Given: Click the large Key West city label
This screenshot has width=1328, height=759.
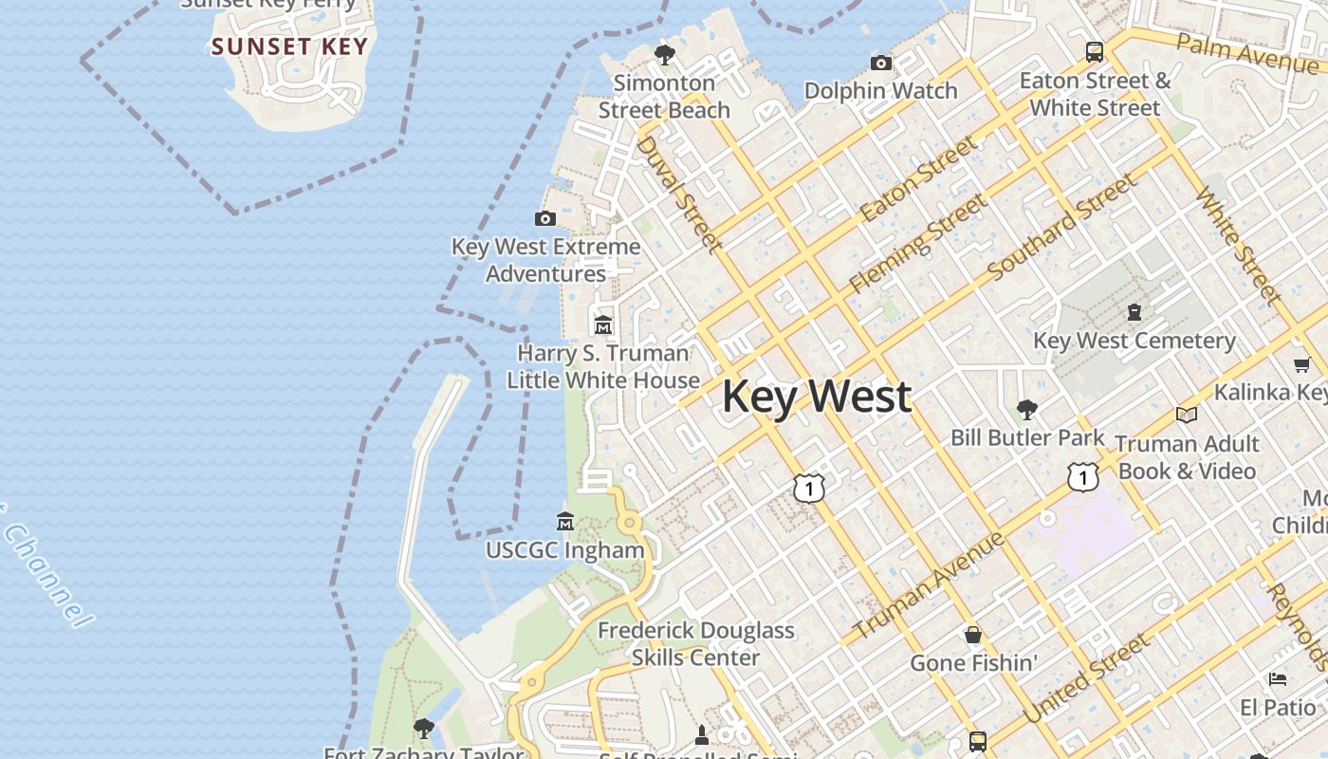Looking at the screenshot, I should [817, 397].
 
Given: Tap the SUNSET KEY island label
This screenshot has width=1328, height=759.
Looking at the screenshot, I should [288, 46].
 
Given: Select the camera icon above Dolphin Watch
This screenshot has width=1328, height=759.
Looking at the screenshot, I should [881, 64].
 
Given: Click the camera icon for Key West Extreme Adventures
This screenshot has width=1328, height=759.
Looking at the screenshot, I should [544, 219].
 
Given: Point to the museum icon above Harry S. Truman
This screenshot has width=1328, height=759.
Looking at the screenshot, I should [603, 325].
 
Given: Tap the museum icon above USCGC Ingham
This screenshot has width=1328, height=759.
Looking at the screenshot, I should [565, 522].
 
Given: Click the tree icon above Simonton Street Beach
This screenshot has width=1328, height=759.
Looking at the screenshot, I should [664, 55].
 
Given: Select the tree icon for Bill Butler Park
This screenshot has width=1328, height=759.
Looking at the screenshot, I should [1026, 410].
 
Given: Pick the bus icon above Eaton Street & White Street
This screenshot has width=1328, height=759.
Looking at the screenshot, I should [1094, 52].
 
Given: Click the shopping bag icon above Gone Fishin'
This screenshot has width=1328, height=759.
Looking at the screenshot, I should [973, 635].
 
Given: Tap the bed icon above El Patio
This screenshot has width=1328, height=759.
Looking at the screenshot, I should [1278, 679].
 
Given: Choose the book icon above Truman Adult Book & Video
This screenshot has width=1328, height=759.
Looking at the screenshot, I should [1186, 415].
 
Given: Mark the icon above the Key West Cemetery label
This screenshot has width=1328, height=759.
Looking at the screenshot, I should [1134, 312].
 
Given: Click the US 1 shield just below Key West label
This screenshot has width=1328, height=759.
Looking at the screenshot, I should [809, 488].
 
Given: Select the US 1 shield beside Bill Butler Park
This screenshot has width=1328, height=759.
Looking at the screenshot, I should [1082, 476].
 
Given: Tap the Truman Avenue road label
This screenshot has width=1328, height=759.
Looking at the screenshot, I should [929, 585].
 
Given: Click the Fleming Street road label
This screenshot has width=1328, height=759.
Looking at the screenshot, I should [917, 243].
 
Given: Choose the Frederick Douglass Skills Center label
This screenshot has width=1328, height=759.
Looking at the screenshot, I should [695, 643].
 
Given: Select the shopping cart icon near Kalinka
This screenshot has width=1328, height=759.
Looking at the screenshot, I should [1301, 365].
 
